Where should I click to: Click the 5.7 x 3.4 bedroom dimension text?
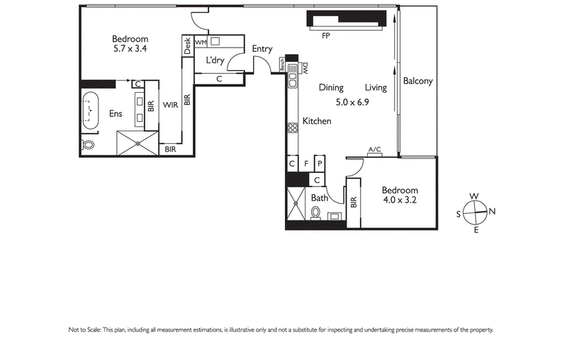click(x=130, y=50)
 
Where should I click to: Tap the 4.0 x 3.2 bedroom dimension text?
click(x=400, y=201)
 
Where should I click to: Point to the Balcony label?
click(x=417, y=81)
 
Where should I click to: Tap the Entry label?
click(x=262, y=49)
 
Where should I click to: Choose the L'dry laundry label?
click(x=215, y=61)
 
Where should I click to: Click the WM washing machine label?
click(x=201, y=43)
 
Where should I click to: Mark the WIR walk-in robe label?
click(x=170, y=105)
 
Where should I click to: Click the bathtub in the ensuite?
click(x=91, y=111)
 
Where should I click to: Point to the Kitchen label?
click(x=317, y=121)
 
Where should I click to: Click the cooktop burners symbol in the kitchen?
click(x=291, y=128)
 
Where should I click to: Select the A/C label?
click(x=375, y=150)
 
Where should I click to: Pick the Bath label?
click(x=319, y=198)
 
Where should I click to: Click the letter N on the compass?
click(x=492, y=211)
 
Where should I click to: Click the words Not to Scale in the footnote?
click(x=85, y=330)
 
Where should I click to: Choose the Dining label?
click(x=331, y=88)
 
